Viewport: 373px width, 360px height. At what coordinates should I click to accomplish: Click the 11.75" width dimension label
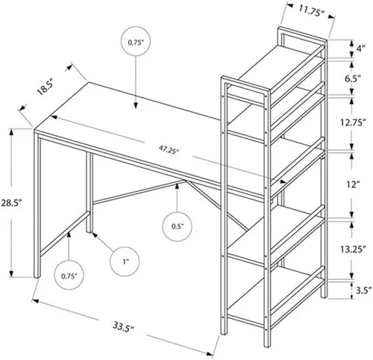311,10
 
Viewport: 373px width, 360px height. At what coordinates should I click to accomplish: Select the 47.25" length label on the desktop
169,150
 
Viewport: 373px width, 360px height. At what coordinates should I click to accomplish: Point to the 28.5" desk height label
11,202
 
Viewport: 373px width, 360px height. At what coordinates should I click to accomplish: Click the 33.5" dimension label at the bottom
124,326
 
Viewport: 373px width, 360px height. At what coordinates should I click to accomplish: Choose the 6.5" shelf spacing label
353,78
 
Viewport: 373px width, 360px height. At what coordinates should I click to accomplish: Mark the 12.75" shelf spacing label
354,123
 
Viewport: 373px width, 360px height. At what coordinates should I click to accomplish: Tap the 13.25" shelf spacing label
353,249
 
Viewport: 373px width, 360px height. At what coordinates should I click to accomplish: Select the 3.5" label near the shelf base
364,291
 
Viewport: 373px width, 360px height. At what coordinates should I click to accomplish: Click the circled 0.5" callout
178,226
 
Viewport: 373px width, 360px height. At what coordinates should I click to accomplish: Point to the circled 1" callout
125,261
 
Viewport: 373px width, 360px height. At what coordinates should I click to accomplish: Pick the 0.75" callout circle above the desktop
136,42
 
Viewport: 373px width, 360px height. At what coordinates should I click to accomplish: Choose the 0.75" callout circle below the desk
69,276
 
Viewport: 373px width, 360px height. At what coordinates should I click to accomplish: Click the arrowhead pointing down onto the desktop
136,105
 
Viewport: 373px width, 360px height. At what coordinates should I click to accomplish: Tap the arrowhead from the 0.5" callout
177,186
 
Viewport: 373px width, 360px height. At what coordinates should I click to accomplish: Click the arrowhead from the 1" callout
94,234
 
